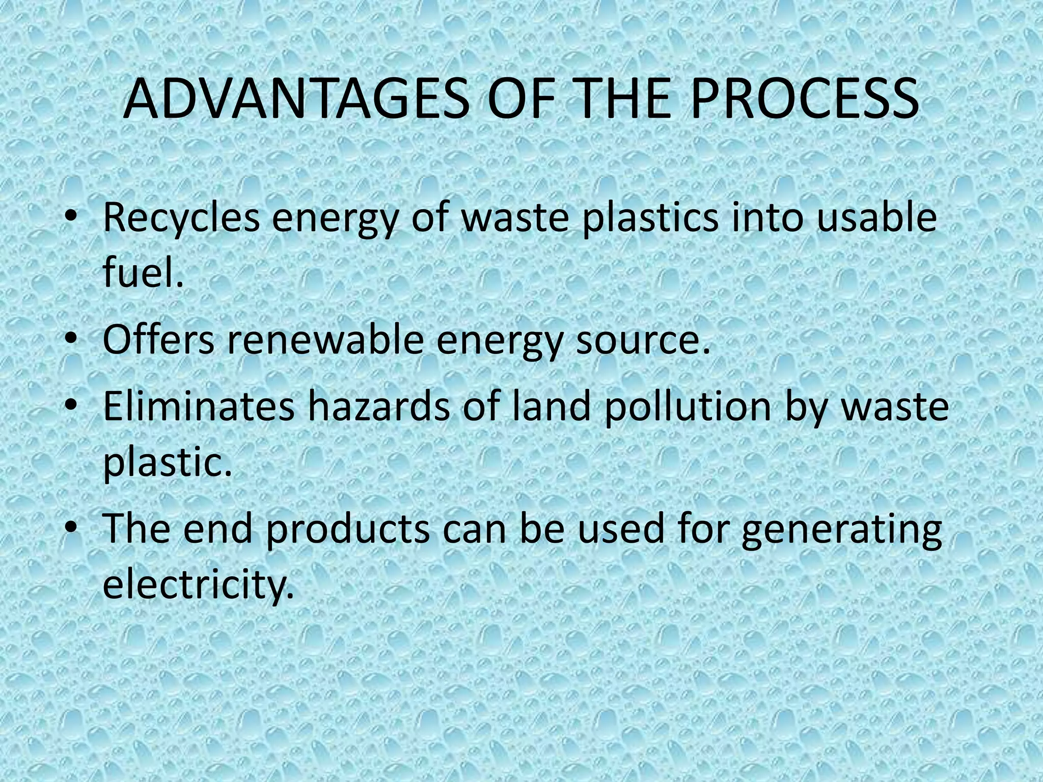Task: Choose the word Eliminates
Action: pyautogui.click(x=199, y=407)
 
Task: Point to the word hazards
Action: pyautogui.click(x=379, y=407)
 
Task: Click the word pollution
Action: pyautogui.click(x=688, y=407)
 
